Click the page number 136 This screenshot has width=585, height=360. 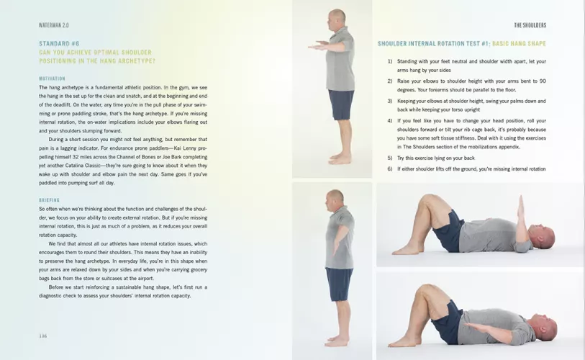43,336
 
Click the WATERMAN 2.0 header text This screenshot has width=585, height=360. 54,25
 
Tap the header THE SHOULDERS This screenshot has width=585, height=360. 530,25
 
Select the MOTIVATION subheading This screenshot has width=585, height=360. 52,78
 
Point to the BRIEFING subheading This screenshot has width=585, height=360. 49,200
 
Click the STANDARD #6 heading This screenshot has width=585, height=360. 59,43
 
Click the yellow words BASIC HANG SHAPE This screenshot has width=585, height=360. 519,43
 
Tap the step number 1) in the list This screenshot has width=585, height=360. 390,61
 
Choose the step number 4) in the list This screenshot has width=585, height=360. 390,121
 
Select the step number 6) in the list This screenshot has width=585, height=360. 390,168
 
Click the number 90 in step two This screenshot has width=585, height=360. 543,81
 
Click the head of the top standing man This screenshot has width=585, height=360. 336,19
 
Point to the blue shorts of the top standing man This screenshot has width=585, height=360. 341,104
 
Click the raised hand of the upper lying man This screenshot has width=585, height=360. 521,207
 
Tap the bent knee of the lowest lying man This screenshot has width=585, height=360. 425,289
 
